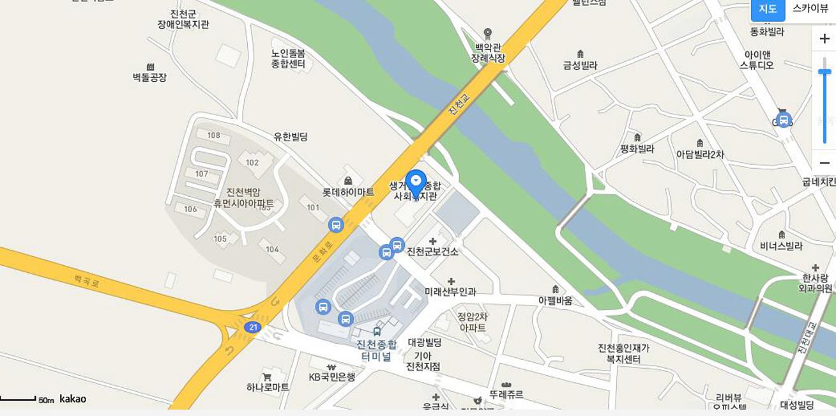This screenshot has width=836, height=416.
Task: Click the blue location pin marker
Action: click(416, 183)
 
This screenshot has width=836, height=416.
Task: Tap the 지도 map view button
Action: click(768, 9)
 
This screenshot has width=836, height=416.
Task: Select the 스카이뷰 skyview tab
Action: click(810, 9)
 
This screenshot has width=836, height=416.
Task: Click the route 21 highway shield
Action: click(252, 327)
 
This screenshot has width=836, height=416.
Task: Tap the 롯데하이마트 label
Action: click(348, 192)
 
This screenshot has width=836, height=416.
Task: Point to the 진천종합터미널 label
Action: click(376, 350)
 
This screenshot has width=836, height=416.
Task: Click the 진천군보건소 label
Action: click(432, 252)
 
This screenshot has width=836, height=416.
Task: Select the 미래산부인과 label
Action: click(450, 291)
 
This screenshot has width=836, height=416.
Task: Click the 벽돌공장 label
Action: click(149, 77)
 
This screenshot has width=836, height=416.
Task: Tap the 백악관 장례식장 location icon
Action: click(488, 33)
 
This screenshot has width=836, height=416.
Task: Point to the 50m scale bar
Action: click(19, 399)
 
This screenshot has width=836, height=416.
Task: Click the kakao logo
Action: click(73, 399)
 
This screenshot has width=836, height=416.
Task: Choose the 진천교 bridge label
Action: click(459, 105)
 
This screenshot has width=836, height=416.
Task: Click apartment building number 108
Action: click(213, 135)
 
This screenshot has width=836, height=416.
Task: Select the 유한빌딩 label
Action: click(291, 136)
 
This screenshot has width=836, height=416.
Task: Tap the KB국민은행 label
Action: click(331, 377)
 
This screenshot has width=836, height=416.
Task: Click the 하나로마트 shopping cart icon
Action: click(267, 377)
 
